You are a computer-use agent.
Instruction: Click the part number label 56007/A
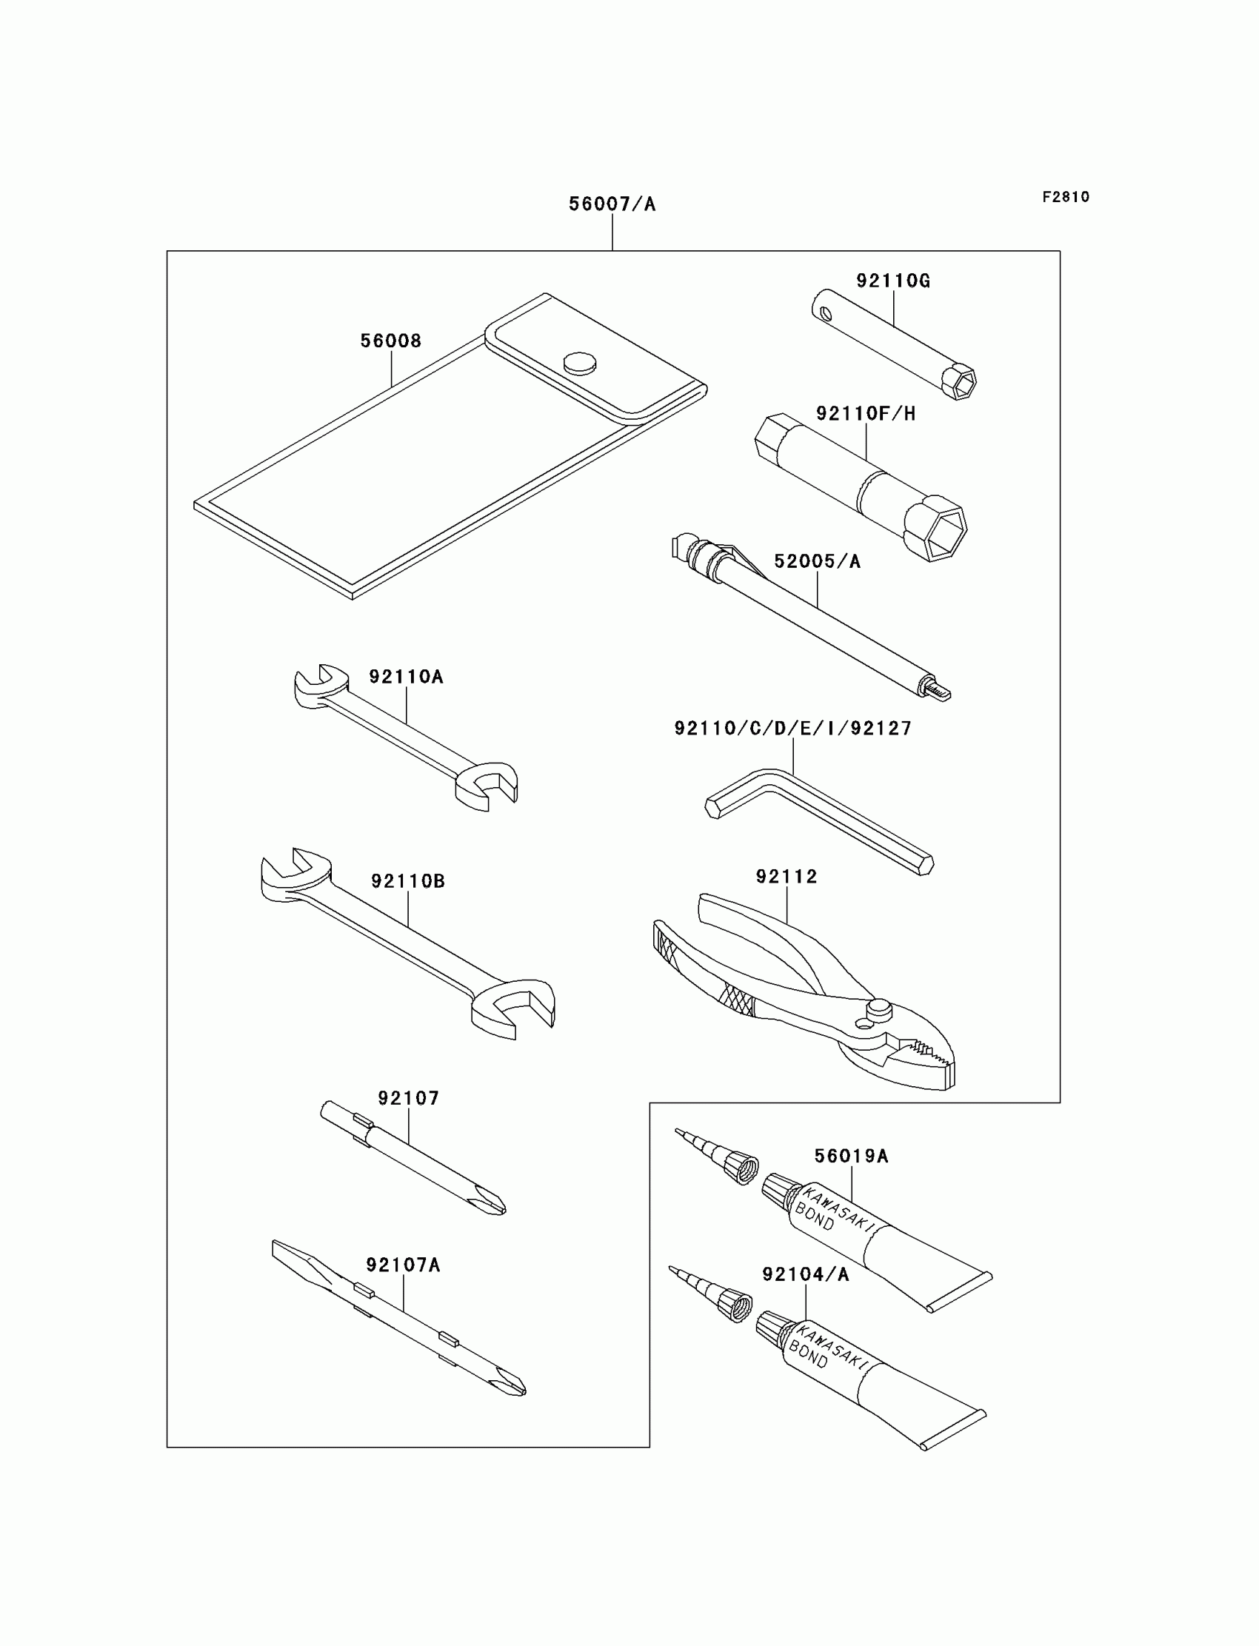point(612,204)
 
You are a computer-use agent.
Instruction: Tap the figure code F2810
point(1066,197)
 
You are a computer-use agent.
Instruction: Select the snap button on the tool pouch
point(580,364)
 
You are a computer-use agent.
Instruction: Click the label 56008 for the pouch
point(390,341)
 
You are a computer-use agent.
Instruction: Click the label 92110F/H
point(866,414)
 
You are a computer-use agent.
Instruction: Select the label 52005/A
point(817,561)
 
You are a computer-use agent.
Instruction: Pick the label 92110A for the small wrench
point(405,677)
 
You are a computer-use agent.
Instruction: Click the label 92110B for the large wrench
point(407,881)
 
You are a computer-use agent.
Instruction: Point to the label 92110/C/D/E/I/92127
point(793,729)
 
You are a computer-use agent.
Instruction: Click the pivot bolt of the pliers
point(880,1008)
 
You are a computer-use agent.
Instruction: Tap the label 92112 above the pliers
point(786,877)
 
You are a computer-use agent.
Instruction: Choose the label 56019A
point(852,1156)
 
